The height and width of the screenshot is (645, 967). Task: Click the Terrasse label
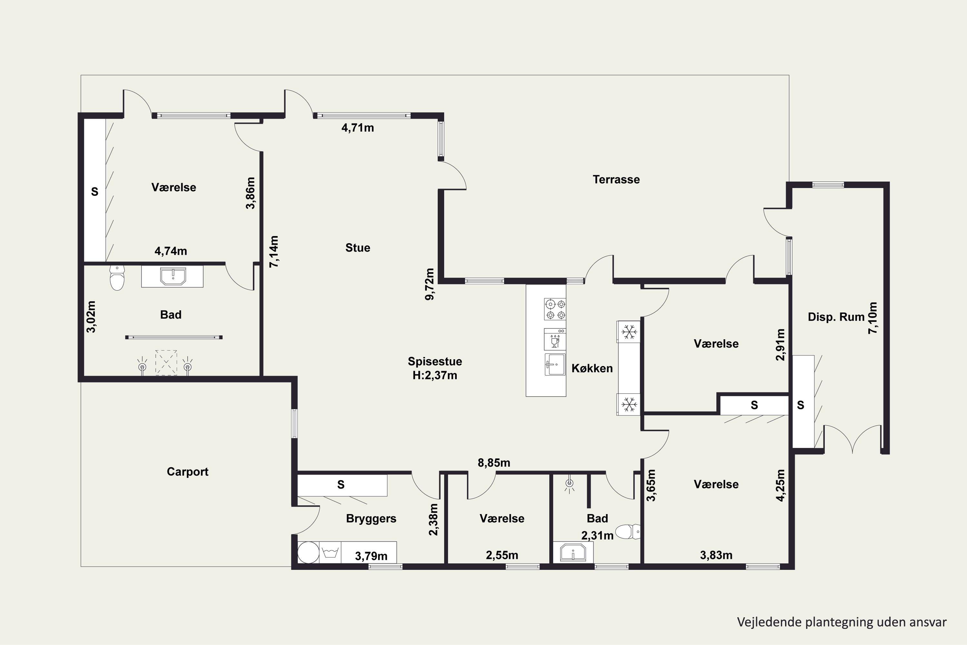pyautogui.click(x=616, y=179)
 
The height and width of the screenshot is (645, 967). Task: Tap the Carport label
pyautogui.click(x=188, y=471)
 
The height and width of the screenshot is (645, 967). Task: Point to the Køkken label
pyautogui.click(x=592, y=368)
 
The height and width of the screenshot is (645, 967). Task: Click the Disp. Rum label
pyautogui.click(x=836, y=317)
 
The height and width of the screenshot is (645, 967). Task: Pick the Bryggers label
pyautogui.click(x=371, y=519)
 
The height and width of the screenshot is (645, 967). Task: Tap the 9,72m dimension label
pyautogui.click(x=430, y=284)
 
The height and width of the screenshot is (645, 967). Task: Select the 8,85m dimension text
pyautogui.click(x=494, y=463)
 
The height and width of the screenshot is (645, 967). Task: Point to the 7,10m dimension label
pyautogui.click(x=873, y=318)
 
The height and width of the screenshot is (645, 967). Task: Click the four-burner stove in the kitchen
pyautogui.click(x=555, y=309)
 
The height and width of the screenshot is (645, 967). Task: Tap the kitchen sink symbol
pyautogui.click(x=555, y=364)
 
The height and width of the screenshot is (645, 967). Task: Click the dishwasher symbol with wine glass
pyautogui.click(x=555, y=339)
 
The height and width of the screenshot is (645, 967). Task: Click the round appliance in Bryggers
pyautogui.click(x=308, y=552)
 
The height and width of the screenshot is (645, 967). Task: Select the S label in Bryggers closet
pyautogui.click(x=341, y=485)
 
